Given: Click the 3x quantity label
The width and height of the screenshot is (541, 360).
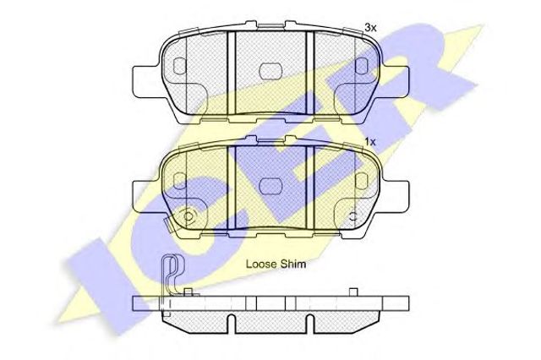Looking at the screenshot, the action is (x=370, y=28).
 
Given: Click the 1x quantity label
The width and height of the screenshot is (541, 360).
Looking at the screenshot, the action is (x=370, y=142).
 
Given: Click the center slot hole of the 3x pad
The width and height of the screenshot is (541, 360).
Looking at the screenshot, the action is (x=270, y=71).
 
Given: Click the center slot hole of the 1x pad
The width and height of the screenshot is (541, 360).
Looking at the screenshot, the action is (x=270, y=186).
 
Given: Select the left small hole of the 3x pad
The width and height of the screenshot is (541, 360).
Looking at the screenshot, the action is (x=179, y=66).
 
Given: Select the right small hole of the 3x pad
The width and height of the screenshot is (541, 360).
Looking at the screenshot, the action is (x=362, y=66).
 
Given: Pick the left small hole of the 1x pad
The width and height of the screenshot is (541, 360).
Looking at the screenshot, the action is (x=179, y=181).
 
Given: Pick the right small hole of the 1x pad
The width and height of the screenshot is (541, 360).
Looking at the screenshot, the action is (x=362, y=181).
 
